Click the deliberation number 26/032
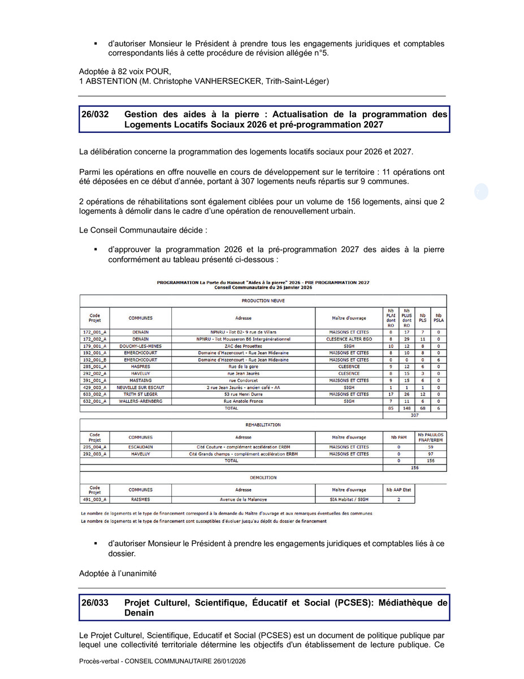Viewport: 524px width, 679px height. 95,114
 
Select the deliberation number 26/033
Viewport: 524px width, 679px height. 95,603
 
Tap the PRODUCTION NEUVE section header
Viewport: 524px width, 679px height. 263,301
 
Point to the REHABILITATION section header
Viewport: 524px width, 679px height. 263,424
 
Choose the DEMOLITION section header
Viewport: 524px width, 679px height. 263,478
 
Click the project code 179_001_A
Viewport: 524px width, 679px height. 94,346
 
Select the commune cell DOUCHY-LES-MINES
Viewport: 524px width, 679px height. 140,346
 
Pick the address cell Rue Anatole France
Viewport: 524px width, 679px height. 243,401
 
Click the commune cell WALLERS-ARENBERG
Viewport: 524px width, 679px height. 140,401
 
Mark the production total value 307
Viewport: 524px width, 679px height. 414,415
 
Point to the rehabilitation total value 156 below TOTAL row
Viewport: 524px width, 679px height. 414,468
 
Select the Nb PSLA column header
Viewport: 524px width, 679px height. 439,318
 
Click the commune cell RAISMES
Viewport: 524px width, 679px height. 140,500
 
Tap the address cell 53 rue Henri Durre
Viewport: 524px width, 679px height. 243,394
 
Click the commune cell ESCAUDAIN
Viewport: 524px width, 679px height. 140,447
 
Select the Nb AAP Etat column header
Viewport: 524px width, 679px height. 399,490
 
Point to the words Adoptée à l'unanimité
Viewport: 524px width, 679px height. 118,573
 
